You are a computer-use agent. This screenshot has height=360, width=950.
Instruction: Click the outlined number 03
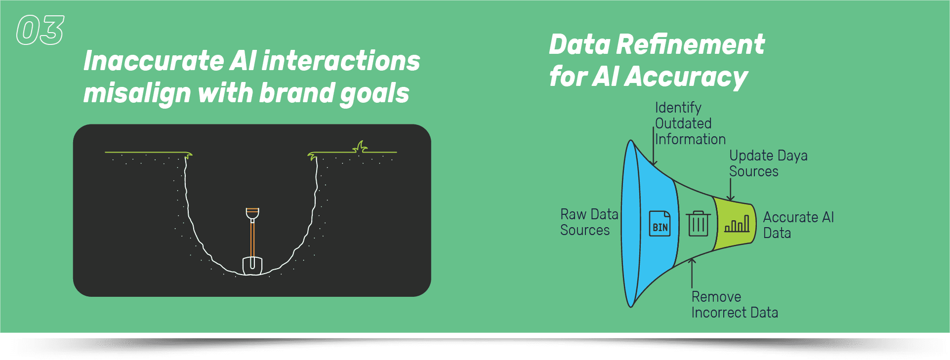40,30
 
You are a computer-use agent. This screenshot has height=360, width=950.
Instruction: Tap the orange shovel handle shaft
252,237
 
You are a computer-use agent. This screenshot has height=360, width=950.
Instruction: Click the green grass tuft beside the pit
361,147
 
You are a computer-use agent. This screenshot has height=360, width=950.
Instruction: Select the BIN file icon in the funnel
660,223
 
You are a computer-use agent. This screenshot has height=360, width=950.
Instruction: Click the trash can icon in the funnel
698,223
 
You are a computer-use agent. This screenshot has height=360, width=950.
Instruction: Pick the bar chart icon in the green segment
737,225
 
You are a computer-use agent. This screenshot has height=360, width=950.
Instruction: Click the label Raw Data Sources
588,222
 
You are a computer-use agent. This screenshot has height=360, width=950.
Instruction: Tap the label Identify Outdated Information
689,123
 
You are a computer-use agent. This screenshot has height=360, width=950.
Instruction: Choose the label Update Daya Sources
768,163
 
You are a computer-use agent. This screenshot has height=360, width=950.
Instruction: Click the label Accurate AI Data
798,225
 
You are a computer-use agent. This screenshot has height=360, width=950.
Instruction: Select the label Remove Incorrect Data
734,305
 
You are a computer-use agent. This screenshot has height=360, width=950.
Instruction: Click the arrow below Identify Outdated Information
654,148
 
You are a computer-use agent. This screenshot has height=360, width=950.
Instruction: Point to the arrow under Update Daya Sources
731,190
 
